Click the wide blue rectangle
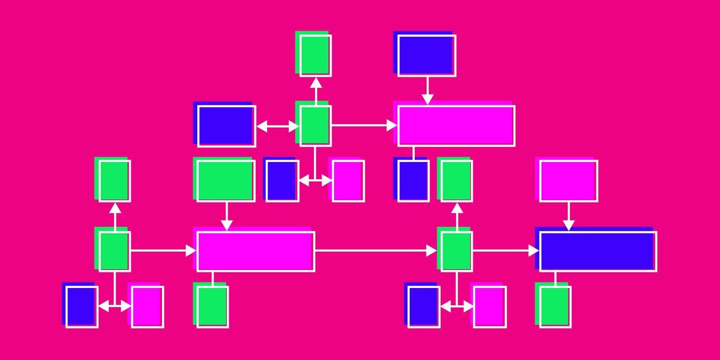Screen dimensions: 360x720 [x=597, y=251]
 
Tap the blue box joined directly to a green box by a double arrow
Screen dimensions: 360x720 [x=226, y=125]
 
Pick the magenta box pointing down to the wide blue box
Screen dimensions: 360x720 [x=567, y=180]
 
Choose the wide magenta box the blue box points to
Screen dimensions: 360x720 [x=456, y=125]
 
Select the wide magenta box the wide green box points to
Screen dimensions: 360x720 [x=255, y=251]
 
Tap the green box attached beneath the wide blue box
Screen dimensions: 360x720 [x=554, y=306]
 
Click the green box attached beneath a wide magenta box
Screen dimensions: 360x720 [x=212, y=306]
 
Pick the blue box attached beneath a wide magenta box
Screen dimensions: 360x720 [x=413, y=180]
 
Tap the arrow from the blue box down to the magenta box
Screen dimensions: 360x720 [x=427, y=90]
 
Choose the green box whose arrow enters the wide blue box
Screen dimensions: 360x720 [x=456, y=251]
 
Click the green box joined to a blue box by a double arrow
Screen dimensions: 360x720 [x=315, y=125]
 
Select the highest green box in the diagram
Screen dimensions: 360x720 [x=315, y=55]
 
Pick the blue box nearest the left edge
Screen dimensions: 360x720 [x=81, y=306]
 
